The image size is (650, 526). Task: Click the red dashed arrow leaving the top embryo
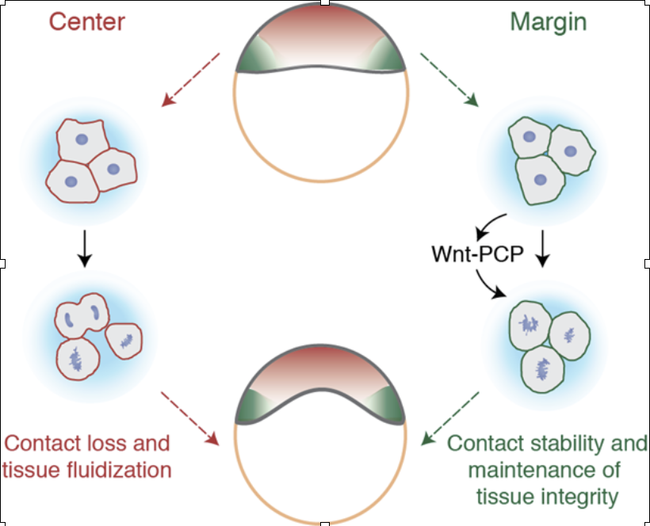pos(190,78)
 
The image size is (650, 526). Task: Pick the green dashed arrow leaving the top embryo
pos(449,79)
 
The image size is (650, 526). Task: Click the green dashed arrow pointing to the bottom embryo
pos(452,417)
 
